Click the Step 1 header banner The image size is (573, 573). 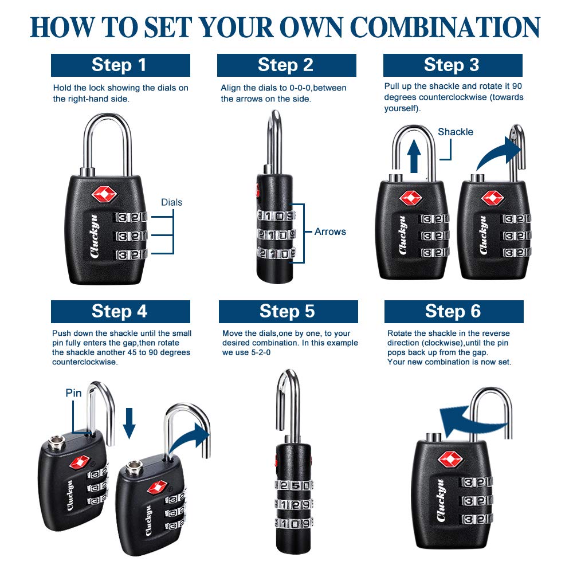click(120, 65)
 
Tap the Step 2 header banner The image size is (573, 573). click(286, 65)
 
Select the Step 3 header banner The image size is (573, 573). click(453, 65)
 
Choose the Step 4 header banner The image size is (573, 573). click(120, 311)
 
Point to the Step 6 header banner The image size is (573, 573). click(453, 311)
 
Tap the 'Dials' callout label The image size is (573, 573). click(171, 202)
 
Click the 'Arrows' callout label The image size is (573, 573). click(330, 231)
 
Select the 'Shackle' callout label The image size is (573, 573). click(456, 132)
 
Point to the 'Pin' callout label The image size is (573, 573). click(74, 393)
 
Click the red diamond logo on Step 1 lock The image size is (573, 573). click(104, 194)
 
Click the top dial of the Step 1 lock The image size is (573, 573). click(131, 218)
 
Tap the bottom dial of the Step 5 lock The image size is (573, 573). click(293, 523)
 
